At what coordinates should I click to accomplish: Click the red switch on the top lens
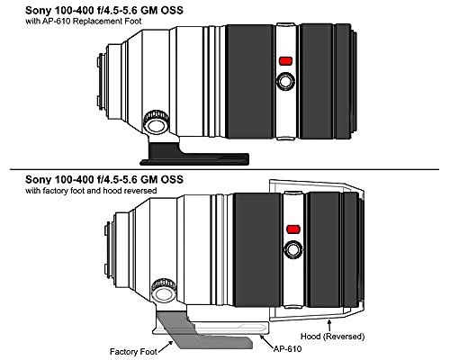(285, 61)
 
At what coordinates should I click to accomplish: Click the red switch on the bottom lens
(293, 229)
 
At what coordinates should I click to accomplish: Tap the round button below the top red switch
(285, 81)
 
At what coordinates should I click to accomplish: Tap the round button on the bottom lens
(293, 249)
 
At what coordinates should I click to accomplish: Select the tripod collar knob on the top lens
(156, 122)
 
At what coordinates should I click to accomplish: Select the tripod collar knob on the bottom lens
(164, 291)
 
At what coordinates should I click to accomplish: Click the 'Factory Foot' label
(133, 351)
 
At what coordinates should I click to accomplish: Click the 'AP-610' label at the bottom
(287, 348)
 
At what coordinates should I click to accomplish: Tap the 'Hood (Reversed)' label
(333, 337)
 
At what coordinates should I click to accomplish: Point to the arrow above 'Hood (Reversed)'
(329, 325)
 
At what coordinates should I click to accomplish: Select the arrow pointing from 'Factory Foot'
(166, 346)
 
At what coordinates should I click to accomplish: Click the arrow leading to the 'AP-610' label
(266, 340)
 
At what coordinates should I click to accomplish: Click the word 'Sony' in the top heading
(37, 11)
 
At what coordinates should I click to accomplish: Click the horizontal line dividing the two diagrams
(224, 169)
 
